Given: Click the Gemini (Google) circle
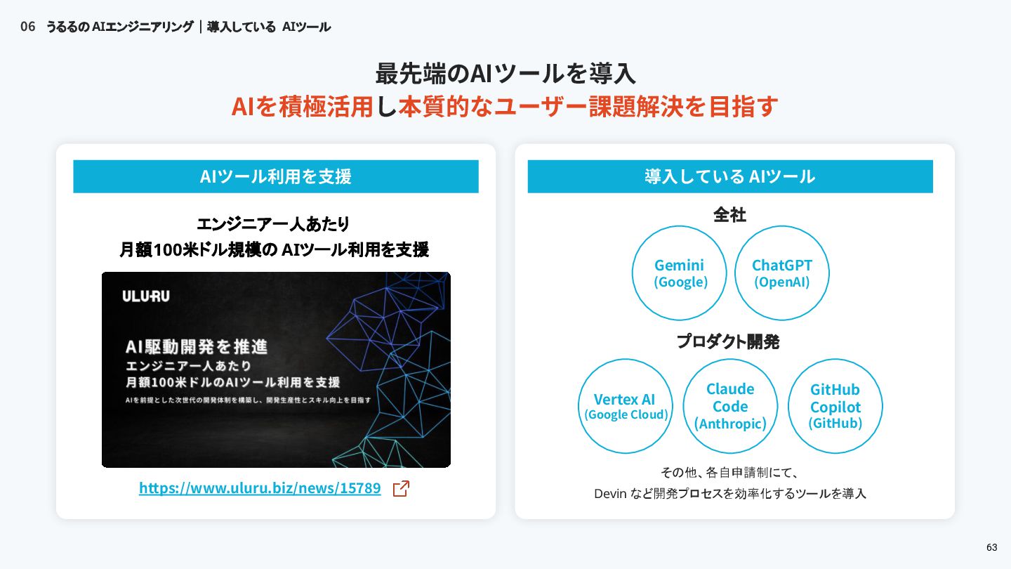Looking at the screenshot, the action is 680,273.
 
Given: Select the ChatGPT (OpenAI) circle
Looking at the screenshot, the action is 781,273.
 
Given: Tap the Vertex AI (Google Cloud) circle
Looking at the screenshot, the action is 625,406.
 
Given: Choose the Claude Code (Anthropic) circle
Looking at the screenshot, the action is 729,406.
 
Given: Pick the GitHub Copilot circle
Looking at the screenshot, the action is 835,406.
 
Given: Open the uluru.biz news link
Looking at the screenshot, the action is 260,488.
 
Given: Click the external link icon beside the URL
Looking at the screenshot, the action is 401,489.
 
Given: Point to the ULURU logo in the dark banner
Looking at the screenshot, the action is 146,296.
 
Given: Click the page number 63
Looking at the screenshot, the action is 991,548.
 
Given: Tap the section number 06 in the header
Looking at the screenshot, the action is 27,27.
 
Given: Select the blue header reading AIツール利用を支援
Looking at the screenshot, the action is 276,176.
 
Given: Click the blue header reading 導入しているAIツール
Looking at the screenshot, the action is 730,176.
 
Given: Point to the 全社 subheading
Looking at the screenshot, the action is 729,214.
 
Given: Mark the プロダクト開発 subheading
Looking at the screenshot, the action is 728,342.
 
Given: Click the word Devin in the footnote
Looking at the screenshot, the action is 609,494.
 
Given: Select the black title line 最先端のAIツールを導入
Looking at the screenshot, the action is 505,73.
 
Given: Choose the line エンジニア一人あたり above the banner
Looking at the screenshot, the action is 273,224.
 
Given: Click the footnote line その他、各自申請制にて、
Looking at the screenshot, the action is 729,472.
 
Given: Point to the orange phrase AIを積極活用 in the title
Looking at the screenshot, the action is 302,107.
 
